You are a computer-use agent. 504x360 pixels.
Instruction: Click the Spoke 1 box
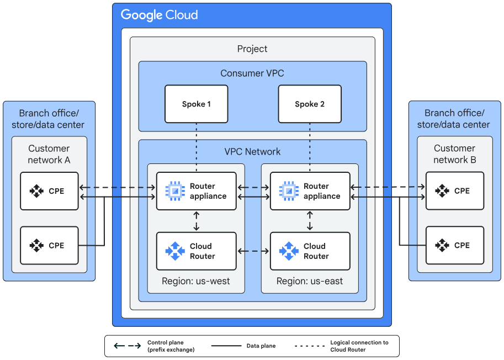click(196, 104)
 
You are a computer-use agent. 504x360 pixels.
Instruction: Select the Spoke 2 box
click(309, 104)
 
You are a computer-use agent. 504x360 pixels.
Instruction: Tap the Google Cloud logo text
click(160, 15)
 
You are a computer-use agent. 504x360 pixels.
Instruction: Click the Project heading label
click(252, 49)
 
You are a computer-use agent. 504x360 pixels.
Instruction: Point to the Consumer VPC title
click(252, 73)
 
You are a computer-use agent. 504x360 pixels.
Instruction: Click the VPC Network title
click(252, 152)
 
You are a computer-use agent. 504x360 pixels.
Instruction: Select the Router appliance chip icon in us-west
click(174, 191)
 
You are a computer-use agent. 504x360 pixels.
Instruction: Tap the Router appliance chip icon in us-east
click(288, 191)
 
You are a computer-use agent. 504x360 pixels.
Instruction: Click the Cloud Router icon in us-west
click(174, 251)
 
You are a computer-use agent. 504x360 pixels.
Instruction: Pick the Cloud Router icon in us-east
click(288, 251)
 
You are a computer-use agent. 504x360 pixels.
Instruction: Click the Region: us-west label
click(196, 281)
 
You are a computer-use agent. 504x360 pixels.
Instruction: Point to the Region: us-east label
click(310, 281)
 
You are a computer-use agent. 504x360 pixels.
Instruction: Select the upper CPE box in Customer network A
click(49, 191)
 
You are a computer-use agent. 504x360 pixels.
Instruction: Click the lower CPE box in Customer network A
click(49, 245)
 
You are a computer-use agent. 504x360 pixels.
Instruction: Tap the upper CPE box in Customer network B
click(455, 191)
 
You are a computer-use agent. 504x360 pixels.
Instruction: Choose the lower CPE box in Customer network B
click(455, 245)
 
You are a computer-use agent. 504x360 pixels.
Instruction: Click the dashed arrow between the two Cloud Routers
click(253, 251)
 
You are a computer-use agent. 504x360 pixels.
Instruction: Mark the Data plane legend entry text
click(261, 346)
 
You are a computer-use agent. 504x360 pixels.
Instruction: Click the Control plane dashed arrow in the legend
click(127, 346)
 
